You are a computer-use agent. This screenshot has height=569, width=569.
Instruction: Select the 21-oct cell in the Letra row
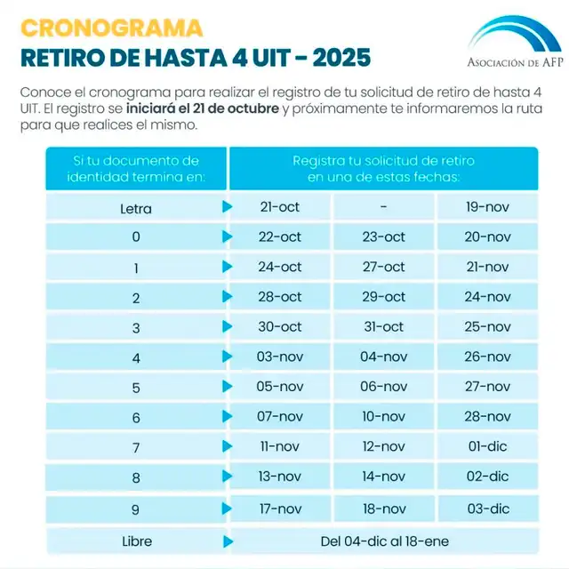point(280,207)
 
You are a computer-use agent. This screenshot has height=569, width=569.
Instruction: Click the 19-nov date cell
point(487,207)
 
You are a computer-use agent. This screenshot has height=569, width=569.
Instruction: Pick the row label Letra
point(136,209)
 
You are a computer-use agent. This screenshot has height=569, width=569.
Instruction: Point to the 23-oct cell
point(383,237)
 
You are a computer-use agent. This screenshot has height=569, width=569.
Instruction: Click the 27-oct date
point(383,267)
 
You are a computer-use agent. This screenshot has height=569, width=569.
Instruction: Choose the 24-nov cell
point(487,297)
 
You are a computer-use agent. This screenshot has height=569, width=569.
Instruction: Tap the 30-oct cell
point(280,327)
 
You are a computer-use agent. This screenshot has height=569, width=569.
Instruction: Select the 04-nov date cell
point(383,357)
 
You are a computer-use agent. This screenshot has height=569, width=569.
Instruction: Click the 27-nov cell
point(487,387)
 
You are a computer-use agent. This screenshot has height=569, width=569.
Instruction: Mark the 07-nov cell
point(280,417)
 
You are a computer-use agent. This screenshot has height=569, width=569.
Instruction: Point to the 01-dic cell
point(487,446)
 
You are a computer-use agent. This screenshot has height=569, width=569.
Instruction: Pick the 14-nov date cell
point(383,477)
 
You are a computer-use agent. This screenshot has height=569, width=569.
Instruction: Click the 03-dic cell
point(487,509)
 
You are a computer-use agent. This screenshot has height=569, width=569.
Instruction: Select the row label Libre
point(136,541)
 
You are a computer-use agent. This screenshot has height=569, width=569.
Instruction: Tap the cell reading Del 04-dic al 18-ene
point(383,540)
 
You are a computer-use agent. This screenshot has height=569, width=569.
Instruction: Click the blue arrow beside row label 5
point(228,387)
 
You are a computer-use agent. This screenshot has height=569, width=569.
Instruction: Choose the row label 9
point(136,509)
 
